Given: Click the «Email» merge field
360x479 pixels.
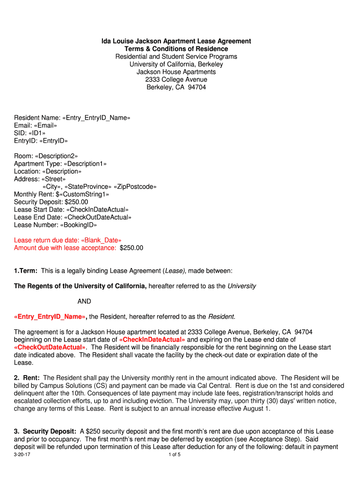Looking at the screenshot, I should (44, 125).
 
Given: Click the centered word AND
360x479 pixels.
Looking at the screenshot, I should (84, 301).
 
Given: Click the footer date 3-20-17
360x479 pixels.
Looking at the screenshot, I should (22, 455).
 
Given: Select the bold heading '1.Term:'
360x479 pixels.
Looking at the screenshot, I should (26, 271).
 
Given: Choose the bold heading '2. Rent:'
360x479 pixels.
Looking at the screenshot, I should (27, 377).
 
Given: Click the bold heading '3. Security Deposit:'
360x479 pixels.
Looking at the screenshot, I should (45, 431).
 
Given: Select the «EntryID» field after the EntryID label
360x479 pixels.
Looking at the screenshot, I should (53, 141).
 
